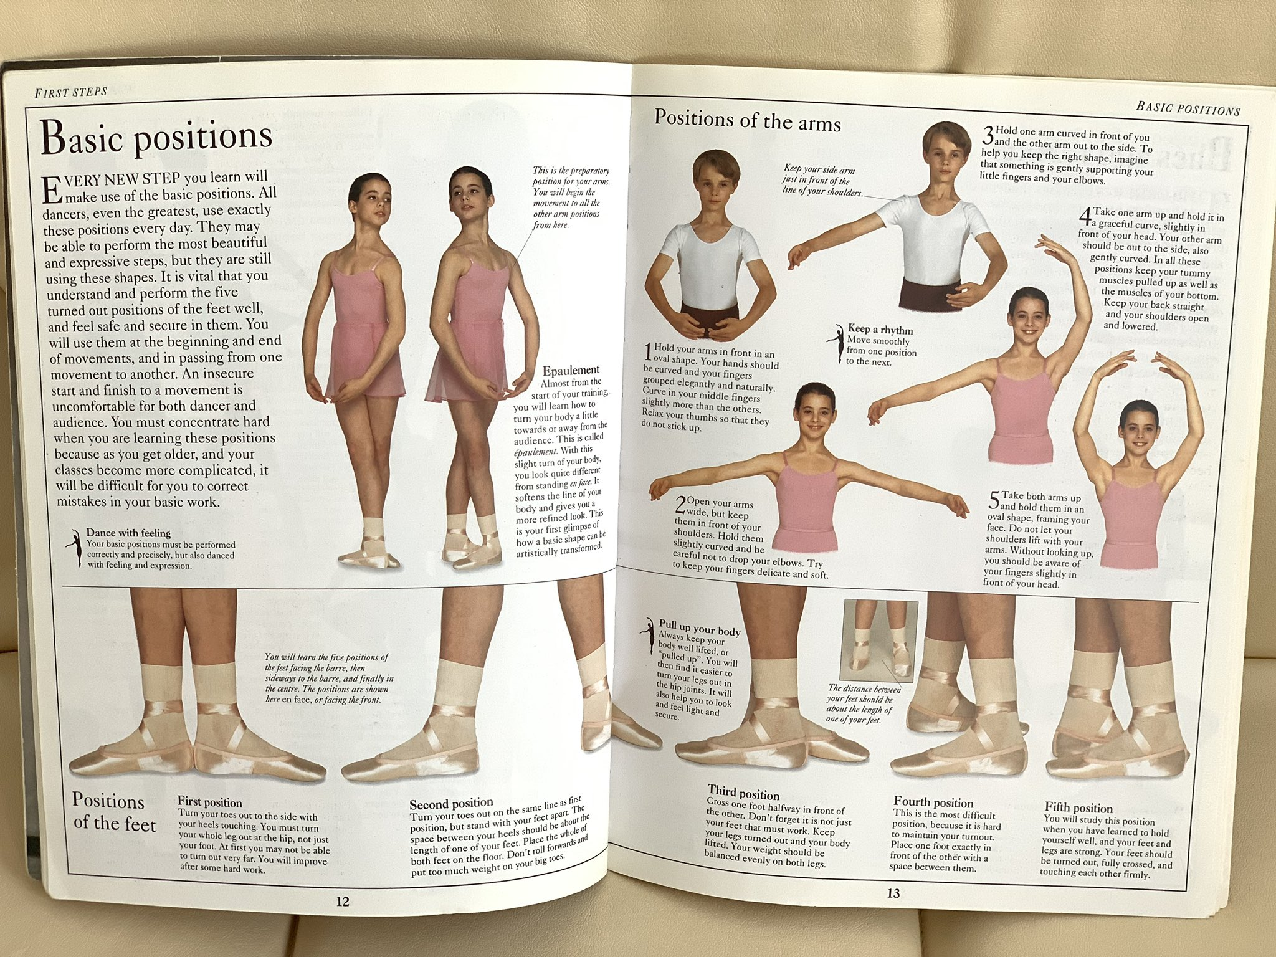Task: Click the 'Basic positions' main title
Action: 157,137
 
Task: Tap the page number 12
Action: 343,901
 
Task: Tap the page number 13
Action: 893,893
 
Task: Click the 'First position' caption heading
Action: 209,802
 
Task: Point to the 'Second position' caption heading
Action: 451,803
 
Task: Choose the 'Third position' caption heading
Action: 743,793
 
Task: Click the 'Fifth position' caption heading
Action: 1078,808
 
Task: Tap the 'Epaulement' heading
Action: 571,370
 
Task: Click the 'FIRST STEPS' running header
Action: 71,92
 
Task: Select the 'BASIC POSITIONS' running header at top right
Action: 1188,108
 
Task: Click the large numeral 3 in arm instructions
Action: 988,135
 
